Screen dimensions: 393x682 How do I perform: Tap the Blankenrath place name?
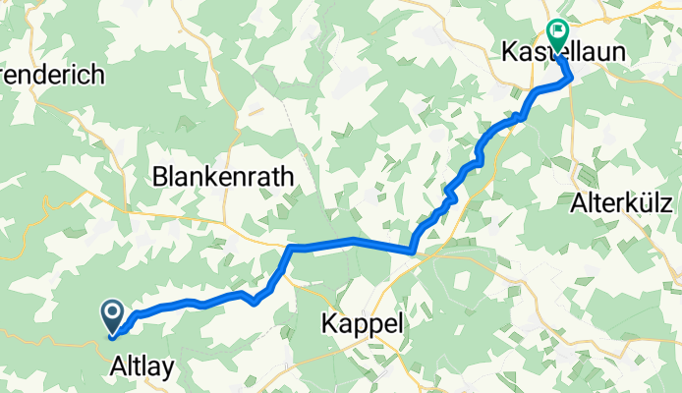[223, 177]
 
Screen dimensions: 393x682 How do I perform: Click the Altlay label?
[142, 366]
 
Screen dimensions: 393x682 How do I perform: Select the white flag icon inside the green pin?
[558, 32]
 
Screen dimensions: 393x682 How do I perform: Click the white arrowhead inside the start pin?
[112, 313]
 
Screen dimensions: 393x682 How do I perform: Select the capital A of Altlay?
[115, 366]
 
